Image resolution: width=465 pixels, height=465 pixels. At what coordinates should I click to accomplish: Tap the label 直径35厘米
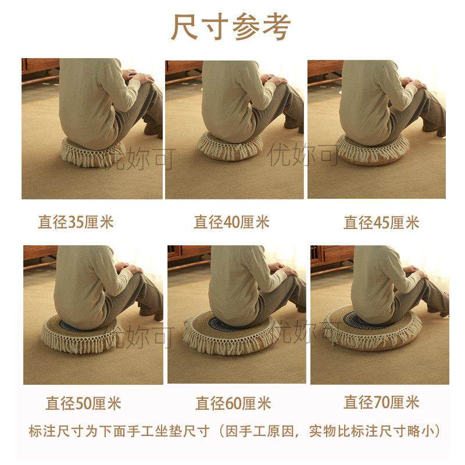click(x=76, y=222)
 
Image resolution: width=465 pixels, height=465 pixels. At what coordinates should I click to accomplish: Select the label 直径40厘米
click(x=231, y=222)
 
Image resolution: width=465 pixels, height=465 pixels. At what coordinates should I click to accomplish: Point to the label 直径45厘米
click(x=381, y=222)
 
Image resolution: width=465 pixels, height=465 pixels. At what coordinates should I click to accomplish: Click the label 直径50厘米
click(x=83, y=403)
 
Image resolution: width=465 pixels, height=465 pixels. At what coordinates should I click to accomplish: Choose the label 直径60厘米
click(x=233, y=403)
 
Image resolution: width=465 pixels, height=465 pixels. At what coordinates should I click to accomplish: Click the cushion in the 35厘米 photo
click(x=87, y=152)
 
